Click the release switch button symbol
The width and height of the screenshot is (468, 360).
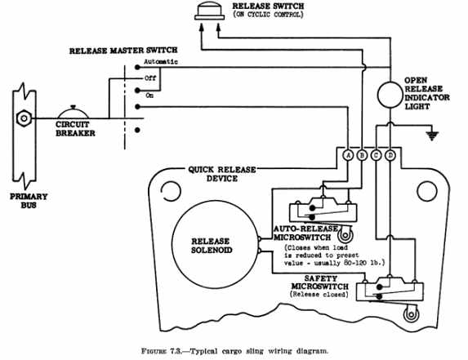(210, 12)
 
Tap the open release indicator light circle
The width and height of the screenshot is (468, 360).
(390, 95)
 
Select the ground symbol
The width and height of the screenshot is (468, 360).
(432, 136)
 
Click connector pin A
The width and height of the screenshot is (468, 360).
(348, 155)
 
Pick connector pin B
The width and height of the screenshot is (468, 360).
(362, 155)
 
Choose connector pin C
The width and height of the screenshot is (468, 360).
(376, 155)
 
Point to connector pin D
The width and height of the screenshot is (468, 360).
(390, 155)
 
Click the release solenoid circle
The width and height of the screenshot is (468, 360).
(215, 244)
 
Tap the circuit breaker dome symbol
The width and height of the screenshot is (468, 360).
(74, 113)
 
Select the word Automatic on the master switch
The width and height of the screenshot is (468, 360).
(161, 62)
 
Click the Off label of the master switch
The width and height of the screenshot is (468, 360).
(150, 78)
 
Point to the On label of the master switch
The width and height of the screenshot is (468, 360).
(149, 96)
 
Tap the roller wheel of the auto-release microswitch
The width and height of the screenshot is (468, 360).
(345, 235)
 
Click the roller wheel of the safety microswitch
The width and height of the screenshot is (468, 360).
(411, 315)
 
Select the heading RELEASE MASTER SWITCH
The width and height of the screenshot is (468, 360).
(123, 51)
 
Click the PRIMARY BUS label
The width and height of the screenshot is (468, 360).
(29, 201)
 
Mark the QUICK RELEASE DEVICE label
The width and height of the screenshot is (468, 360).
(222, 174)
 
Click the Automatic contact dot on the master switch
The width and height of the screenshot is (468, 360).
(137, 68)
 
